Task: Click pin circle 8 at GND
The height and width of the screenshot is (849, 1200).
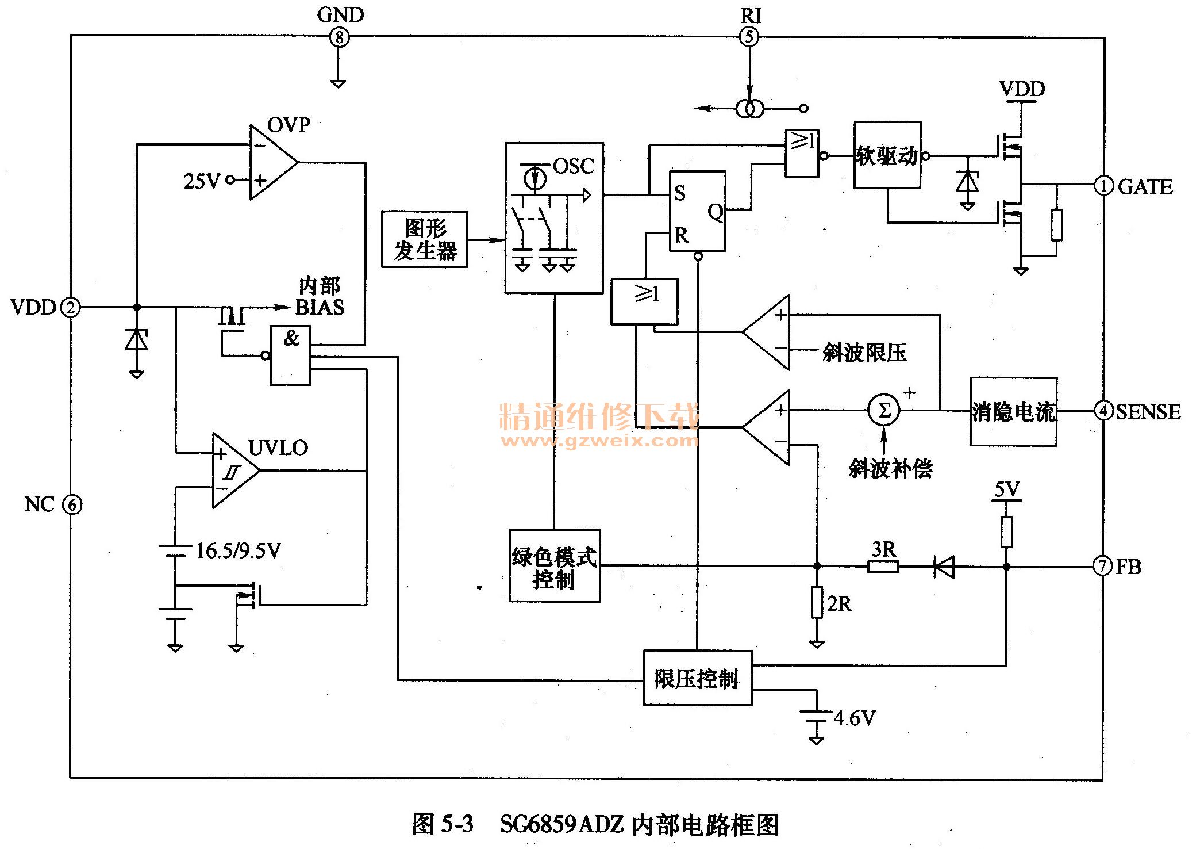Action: tap(339, 38)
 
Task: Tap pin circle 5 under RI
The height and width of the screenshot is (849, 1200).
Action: tap(749, 37)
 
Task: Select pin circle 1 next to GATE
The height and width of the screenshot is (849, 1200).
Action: tap(1103, 185)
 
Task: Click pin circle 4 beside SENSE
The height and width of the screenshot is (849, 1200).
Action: tap(1103, 411)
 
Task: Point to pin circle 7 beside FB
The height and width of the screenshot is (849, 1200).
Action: tap(1102, 566)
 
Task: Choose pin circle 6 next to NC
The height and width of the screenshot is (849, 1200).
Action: tap(72, 505)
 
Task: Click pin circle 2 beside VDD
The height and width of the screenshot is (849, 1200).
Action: tap(71, 307)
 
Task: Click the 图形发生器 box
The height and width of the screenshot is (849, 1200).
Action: tap(425, 239)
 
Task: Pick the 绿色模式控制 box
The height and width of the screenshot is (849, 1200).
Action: tap(555, 566)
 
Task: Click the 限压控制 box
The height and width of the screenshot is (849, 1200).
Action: tap(697, 678)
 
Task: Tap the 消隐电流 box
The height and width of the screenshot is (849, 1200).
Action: tap(1013, 412)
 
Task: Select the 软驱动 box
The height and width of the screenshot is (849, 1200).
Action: tap(887, 155)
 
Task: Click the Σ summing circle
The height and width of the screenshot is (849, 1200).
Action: tap(884, 411)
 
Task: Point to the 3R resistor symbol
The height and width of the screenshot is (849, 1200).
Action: tap(883, 567)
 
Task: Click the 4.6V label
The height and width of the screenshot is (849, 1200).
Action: tap(854, 718)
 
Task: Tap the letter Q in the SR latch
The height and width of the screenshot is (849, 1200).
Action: tap(716, 212)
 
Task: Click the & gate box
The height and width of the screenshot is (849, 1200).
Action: tap(291, 355)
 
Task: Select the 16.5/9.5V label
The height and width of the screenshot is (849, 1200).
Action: tap(239, 551)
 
